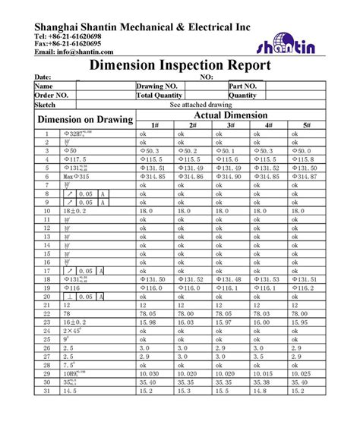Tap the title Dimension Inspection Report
click(x=180, y=66)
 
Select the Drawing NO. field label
click(x=156, y=86)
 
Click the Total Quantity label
click(x=159, y=96)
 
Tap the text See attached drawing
click(x=201, y=105)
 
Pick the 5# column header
click(x=307, y=124)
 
